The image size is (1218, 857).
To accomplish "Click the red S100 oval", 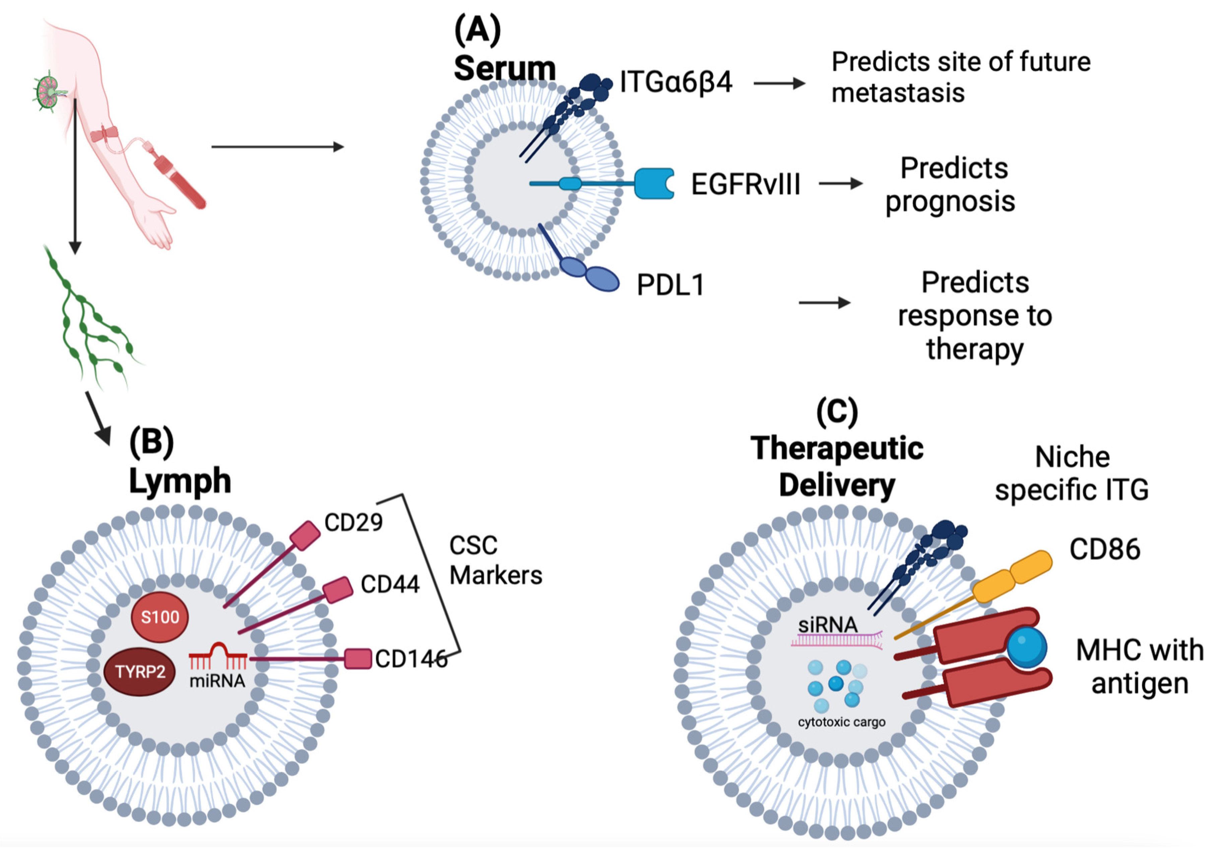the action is pyautogui.click(x=160, y=617).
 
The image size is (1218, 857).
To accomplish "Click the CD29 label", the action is pyautogui.click(x=353, y=522).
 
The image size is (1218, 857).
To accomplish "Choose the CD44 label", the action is pyautogui.click(x=390, y=584).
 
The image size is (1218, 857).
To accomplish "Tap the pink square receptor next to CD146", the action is pyautogui.click(x=358, y=659).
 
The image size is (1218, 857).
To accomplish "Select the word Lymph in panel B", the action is pyautogui.click(x=180, y=481).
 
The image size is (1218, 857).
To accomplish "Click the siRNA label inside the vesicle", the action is pyautogui.click(x=828, y=625).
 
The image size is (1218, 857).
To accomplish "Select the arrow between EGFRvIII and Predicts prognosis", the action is pyautogui.click(x=841, y=184).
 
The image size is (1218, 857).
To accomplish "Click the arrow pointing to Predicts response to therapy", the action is pyautogui.click(x=825, y=303).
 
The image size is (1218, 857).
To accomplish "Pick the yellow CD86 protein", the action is pyautogui.click(x=1012, y=577).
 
